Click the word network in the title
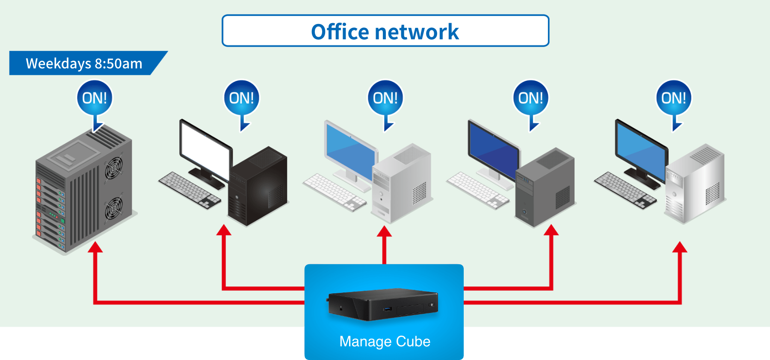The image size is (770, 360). pos(417,32)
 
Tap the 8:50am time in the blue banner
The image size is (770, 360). pos(118,64)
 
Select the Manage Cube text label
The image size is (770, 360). pos(385,341)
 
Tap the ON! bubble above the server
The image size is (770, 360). pos(95,98)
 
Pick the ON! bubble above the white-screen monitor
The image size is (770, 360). pos(241,98)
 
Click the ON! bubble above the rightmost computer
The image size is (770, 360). pos(673,98)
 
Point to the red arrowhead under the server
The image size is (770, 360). pos(95,247)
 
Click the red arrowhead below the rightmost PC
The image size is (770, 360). pos(679,247)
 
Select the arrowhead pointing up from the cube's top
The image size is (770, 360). pos(384,231)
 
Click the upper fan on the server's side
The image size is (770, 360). pos(113,168)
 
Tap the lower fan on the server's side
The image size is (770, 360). pos(113,208)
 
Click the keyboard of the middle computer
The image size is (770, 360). pos(334,192)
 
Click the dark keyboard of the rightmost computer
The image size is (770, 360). pos(625,190)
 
